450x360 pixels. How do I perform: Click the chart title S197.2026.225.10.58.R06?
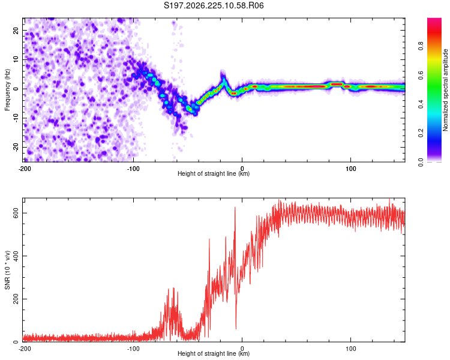[x=214, y=5]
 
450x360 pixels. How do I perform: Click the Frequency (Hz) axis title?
[x=7, y=90]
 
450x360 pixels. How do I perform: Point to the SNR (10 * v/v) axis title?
[x=7, y=270]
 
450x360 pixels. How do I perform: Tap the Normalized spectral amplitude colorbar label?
[x=445, y=90]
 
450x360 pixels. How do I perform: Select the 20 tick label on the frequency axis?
[x=16, y=31]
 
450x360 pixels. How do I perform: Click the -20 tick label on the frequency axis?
[x=16, y=147]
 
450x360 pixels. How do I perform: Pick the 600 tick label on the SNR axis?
[x=16, y=213]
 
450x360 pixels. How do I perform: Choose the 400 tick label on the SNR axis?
[x=16, y=256]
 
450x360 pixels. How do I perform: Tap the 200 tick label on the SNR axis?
[x=16, y=299]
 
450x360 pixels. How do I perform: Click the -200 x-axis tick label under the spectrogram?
[x=25, y=169]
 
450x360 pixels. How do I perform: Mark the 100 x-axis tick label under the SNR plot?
[x=351, y=349]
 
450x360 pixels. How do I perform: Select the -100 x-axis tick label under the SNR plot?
[x=133, y=349]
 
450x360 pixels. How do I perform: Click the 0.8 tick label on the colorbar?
[x=421, y=46]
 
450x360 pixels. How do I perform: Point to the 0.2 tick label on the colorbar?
[x=421, y=133]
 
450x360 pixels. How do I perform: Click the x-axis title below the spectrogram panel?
[x=214, y=173]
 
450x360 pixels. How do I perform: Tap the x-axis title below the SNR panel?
[x=214, y=353]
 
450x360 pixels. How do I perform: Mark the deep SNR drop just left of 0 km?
[x=236, y=328]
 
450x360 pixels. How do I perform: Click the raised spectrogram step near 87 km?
[x=337, y=84]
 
